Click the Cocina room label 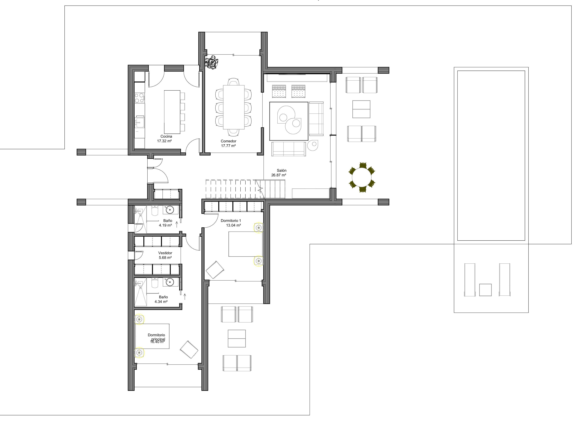click(166, 136)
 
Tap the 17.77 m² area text click(228, 146)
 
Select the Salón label click(282, 171)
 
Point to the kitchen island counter click(172, 112)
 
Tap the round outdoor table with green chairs click(362, 177)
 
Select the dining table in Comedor click(234, 107)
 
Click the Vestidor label click(165, 253)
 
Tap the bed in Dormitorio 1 click(245, 244)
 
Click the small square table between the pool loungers click(485, 290)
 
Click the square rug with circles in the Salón click(289, 121)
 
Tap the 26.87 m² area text click(279, 175)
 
